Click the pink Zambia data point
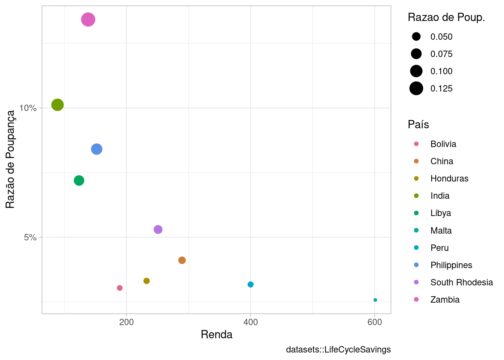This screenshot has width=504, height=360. (88, 19)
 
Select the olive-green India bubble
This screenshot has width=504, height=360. (57, 105)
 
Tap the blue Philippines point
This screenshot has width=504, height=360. (97, 149)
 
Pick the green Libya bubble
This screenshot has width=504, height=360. (79, 181)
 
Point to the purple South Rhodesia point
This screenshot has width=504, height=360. (158, 229)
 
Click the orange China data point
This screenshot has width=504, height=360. (182, 260)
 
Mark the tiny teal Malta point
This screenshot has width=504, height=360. (375, 300)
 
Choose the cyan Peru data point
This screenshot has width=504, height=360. (250, 285)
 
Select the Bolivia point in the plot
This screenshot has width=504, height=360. (120, 288)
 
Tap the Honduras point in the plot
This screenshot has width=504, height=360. (147, 281)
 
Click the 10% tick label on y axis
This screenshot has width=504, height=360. (28, 108)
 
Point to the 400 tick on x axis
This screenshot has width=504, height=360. (250, 322)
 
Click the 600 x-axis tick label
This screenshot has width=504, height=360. (375, 322)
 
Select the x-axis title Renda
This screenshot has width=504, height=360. (216, 334)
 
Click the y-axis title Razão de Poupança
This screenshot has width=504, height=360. (10, 159)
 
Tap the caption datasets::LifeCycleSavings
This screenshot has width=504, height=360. (338, 350)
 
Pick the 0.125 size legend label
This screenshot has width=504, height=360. (441, 89)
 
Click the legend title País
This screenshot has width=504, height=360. (418, 124)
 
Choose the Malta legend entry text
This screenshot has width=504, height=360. (441, 231)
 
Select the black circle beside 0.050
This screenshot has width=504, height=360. (416, 37)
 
